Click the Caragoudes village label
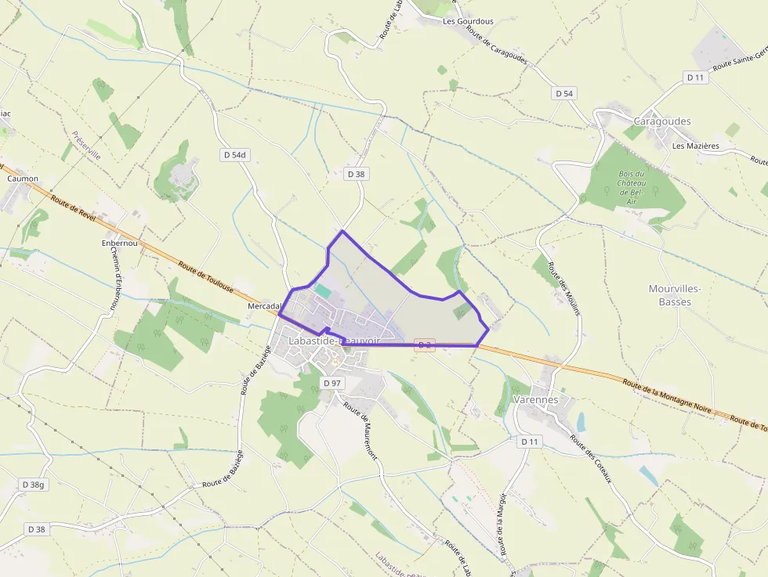pos(661,121)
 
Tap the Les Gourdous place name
pos(468,21)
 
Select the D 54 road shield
pos(564,93)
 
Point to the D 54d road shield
pos(234,155)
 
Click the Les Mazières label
pos(695,146)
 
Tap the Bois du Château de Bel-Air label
pos(632,188)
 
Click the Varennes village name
pos(535,399)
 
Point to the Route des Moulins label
pos(564,289)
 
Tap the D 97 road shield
pos(332,383)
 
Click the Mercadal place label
pos(264,306)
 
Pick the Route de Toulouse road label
pos(205,277)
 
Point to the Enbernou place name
pos(119,243)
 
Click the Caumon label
pos(23,179)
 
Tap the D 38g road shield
pos(34,485)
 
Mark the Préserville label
pos(87,146)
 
